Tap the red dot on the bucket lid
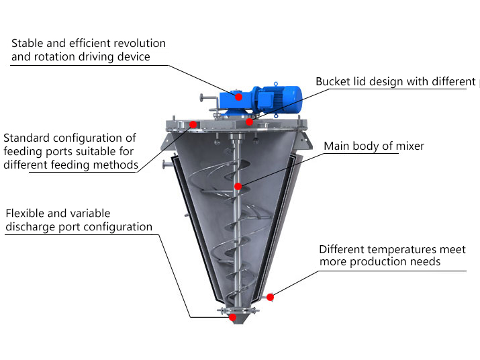[249, 122]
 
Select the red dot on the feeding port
[193, 124]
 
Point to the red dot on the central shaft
[237, 186]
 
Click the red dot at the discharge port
[232, 317]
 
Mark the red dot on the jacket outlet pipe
[269, 297]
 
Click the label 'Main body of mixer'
[374, 146]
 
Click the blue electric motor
[275, 97]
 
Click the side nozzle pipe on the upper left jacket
[164, 164]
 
